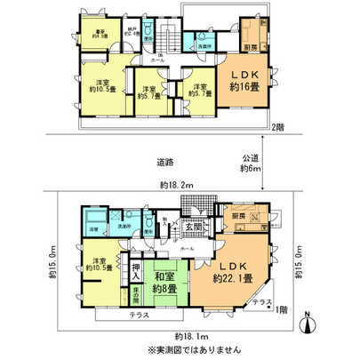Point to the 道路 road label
(163, 163)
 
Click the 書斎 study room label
(100, 34)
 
